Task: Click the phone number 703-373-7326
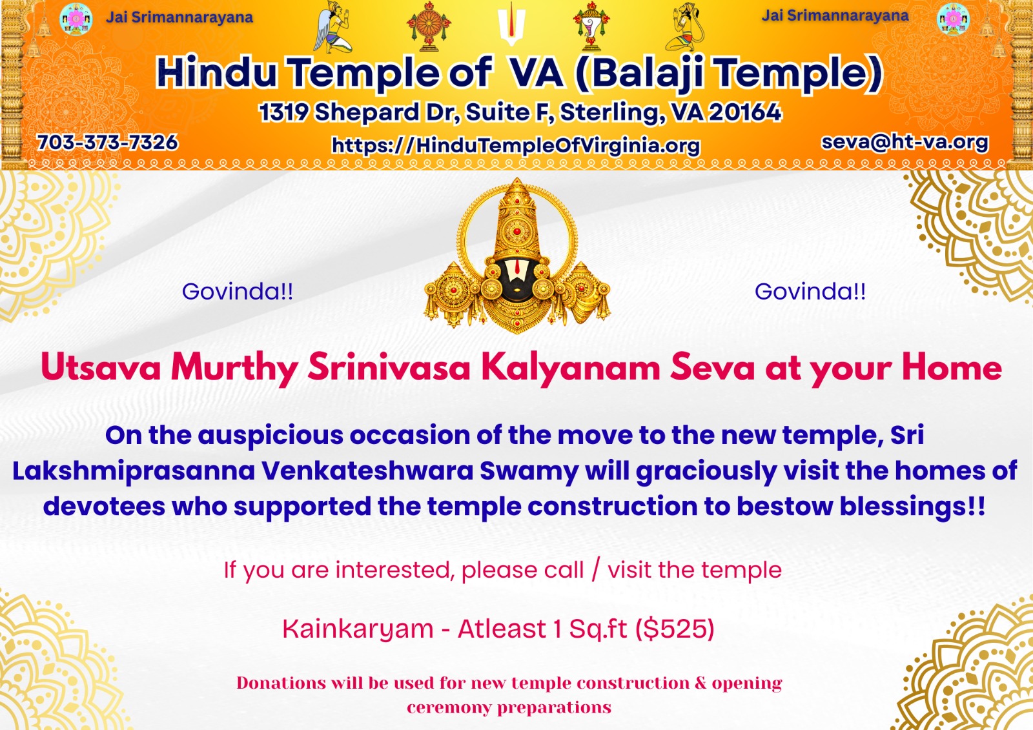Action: point(107,142)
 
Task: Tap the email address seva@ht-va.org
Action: point(904,142)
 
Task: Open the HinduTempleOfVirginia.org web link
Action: point(515,145)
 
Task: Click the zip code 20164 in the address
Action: point(745,112)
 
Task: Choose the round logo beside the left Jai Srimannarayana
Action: point(76,19)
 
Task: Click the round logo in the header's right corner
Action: point(953,19)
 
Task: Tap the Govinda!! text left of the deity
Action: point(238,292)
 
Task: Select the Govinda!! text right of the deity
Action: point(810,292)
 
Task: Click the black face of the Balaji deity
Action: point(517,278)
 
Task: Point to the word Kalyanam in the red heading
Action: point(570,368)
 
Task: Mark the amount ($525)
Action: point(675,629)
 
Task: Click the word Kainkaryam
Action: point(358,629)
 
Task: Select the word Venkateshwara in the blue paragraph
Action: point(367,471)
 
